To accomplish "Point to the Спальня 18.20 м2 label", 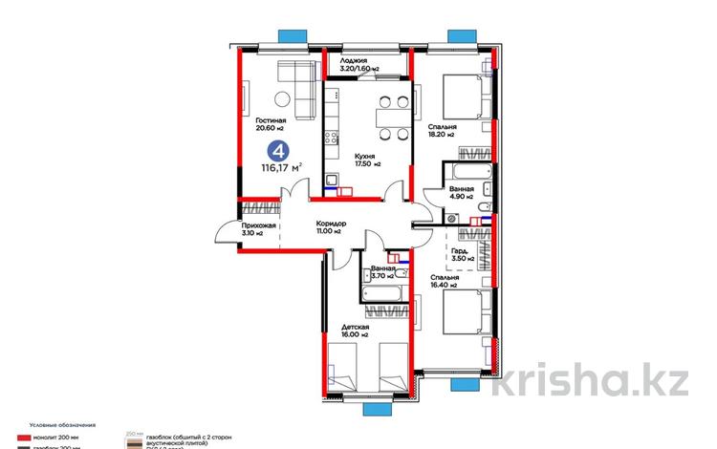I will click(x=443, y=131).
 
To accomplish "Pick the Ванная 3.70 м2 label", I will click(x=382, y=272).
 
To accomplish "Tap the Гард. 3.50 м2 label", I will click(x=463, y=254).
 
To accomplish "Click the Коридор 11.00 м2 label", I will click(x=331, y=228).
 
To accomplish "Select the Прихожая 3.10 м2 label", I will click(x=258, y=228).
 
